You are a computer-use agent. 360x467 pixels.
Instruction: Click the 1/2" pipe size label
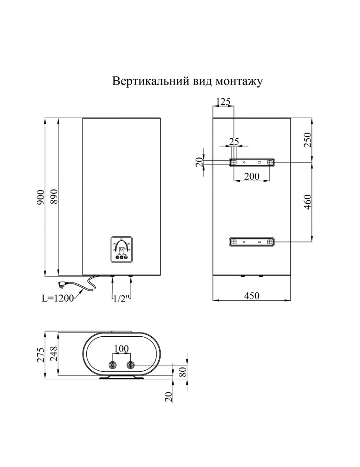pyautogui.click(x=121, y=298)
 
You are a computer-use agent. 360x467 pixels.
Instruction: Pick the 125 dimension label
pyautogui.click(x=224, y=101)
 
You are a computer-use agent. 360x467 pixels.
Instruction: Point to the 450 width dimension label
pyautogui.click(x=251, y=295)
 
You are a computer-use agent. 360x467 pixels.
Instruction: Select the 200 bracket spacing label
pyautogui.click(x=252, y=177)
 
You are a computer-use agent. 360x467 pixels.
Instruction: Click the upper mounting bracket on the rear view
pyautogui.click(x=252, y=162)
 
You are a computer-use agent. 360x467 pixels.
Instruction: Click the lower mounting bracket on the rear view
pyautogui.click(x=252, y=241)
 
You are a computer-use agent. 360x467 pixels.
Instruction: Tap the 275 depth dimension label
pyautogui.click(x=41, y=354)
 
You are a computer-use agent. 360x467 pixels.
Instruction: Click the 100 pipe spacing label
pyautogui.click(x=121, y=349)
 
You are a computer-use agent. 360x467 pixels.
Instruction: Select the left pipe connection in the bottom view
pyautogui.click(x=113, y=365)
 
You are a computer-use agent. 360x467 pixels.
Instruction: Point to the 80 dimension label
pyautogui.click(x=183, y=372)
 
